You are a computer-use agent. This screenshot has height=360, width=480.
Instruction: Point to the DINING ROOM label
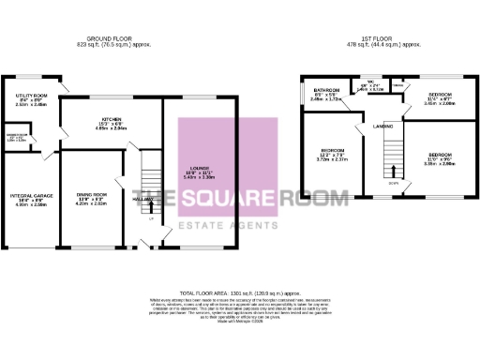click(91, 193)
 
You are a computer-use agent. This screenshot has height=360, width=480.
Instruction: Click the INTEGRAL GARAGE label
click(27, 195)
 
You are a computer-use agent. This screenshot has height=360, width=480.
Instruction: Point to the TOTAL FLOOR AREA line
click(240, 293)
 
